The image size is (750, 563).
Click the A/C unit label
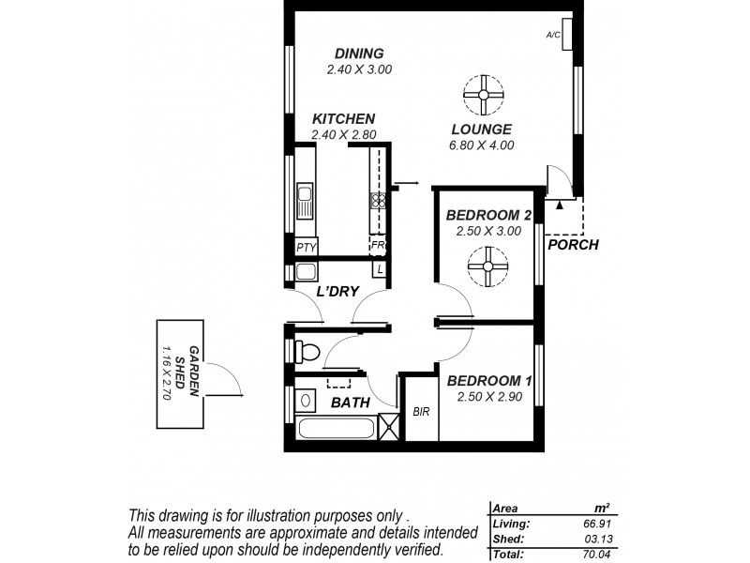click(x=553, y=35)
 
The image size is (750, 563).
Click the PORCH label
click(x=574, y=246)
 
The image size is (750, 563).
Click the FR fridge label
click(x=378, y=246)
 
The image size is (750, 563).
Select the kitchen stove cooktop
click(x=379, y=200)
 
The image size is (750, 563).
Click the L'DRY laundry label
click(x=337, y=292)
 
